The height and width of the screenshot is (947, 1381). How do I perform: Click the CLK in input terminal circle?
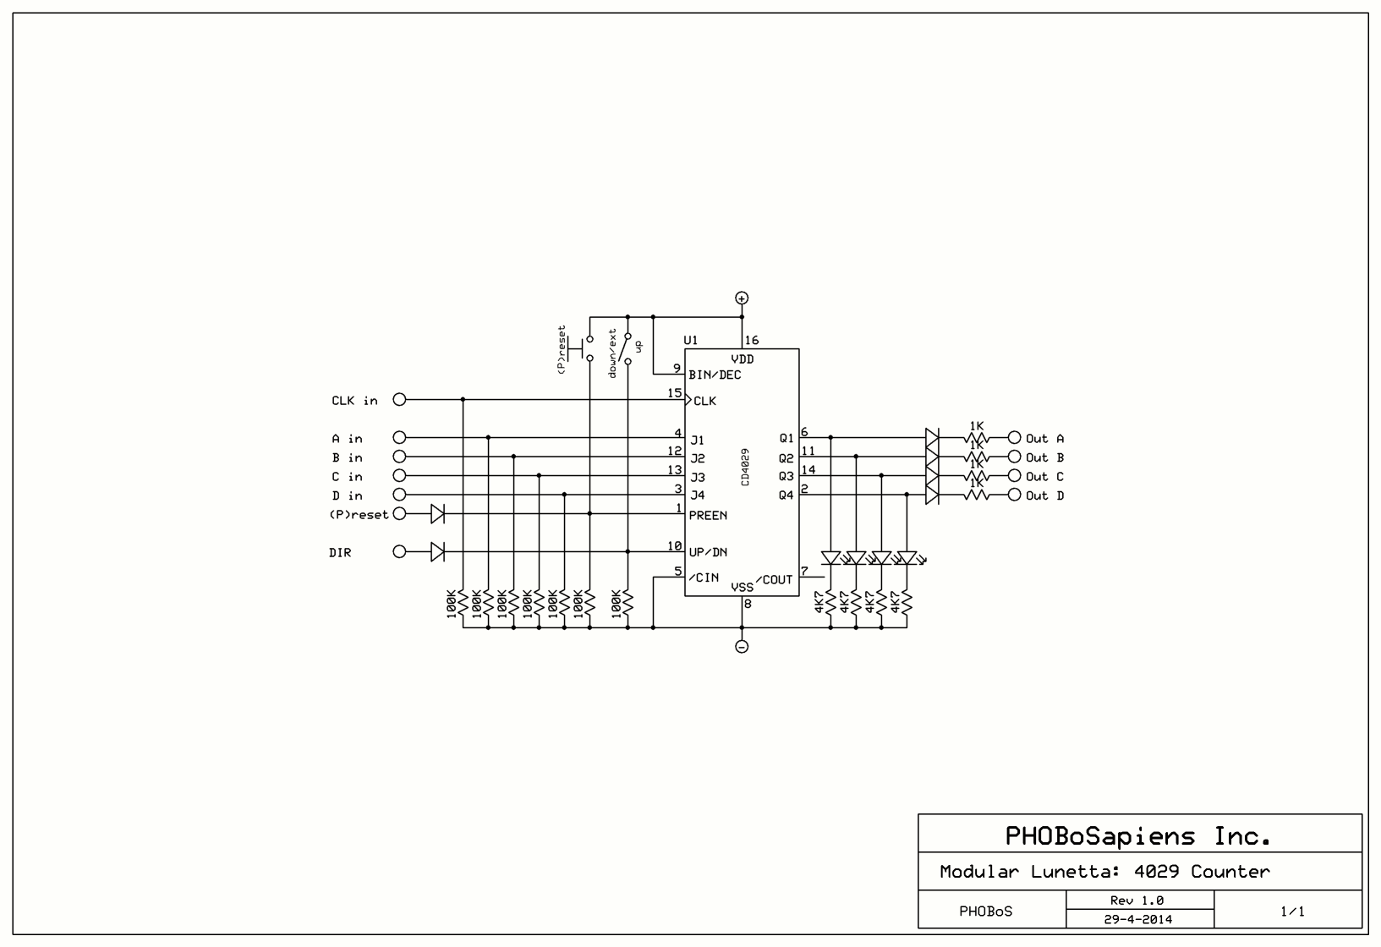[x=399, y=399]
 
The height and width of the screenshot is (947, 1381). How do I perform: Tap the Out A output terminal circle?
[x=1015, y=438]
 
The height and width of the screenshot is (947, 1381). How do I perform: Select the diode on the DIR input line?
[x=437, y=552]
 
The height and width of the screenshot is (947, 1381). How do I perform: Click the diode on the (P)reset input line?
[x=437, y=513]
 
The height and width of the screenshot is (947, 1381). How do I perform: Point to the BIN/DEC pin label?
[x=715, y=375]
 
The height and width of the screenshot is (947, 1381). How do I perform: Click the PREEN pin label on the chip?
[x=708, y=515]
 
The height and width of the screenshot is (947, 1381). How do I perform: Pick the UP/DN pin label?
[x=708, y=552]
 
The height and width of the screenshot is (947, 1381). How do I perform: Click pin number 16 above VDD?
[x=752, y=341]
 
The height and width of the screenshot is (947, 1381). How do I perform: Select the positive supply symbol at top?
[x=742, y=298]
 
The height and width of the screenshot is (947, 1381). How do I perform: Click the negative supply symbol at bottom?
[x=742, y=647]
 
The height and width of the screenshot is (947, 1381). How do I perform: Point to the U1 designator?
[x=691, y=341]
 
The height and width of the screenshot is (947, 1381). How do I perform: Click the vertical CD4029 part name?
[x=745, y=466]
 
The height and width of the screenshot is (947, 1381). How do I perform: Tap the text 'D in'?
[x=347, y=495]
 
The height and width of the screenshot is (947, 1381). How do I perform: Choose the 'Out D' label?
[x=1044, y=495]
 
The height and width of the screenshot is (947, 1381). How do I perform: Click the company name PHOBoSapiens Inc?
[x=1138, y=836]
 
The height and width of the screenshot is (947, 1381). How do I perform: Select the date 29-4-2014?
[x=1138, y=919]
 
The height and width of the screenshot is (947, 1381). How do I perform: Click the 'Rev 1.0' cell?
[x=1138, y=900]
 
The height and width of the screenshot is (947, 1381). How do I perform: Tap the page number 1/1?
[x=1291, y=911]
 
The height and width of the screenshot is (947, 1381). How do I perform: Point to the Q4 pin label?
[x=786, y=495]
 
